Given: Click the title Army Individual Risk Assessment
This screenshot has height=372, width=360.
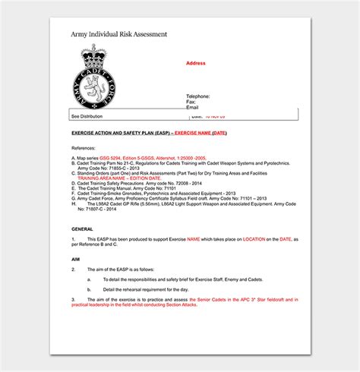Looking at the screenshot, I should click(x=118, y=34).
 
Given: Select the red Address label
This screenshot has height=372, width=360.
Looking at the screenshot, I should click(x=196, y=64).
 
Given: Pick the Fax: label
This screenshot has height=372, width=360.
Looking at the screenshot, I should click(x=191, y=102).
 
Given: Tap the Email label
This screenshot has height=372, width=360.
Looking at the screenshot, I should click(x=192, y=108).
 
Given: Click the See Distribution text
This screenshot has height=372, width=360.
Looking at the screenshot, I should click(x=86, y=116).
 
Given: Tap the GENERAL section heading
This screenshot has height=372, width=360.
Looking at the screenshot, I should click(x=82, y=228).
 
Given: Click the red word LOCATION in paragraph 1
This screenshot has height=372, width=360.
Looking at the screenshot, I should click(x=254, y=239).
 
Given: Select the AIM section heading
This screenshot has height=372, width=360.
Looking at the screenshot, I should click(x=75, y=259).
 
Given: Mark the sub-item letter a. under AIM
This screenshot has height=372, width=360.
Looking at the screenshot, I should click(x=89, y=279).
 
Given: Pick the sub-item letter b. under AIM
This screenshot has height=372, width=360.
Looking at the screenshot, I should click(x=89, y=288).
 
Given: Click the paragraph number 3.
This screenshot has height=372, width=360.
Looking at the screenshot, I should click(x=73, y=299).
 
